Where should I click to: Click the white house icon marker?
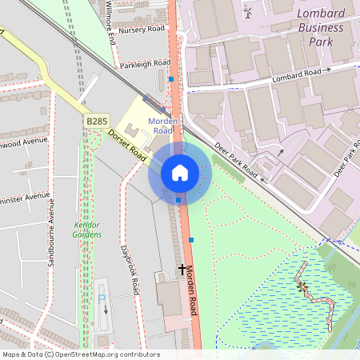[179, 173]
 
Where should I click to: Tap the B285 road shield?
[97, 121]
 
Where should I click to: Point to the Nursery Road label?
[142, 30]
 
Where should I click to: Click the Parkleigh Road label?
[144, 62]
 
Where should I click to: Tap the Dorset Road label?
[126, 145]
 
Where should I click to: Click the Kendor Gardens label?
[87, 230]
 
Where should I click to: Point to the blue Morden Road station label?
[162, 126]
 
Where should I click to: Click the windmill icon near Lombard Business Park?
[248, 12]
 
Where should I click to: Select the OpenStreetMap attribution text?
[80, 354]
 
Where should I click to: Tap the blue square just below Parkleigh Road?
[171, 79]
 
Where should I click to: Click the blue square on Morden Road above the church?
[191, 239]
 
